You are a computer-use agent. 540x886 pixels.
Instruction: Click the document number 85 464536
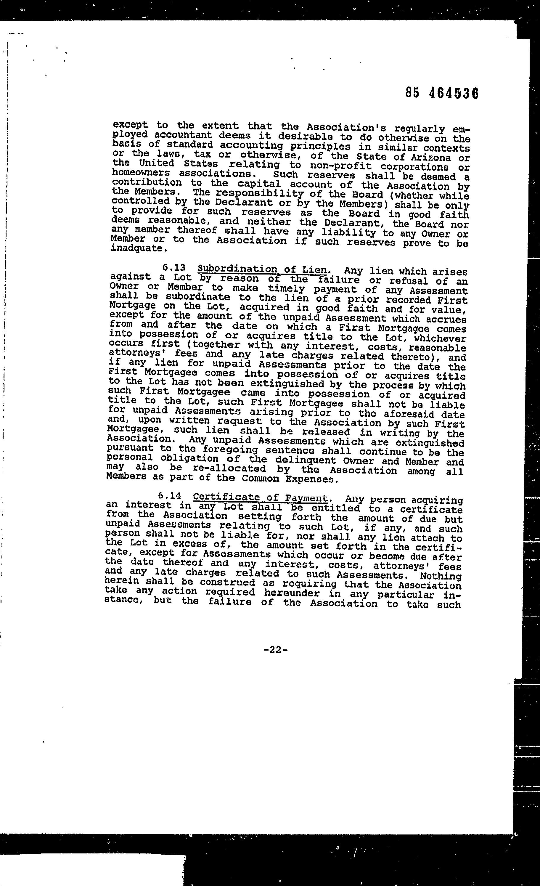pos(442,94)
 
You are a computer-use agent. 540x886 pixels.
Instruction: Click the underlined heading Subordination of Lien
pos(262,269)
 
